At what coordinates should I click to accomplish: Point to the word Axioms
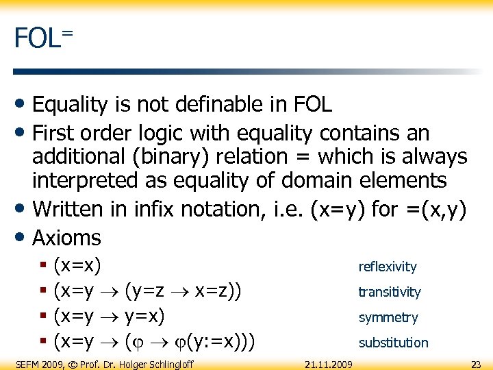pyautogui.click(x=66, y=238)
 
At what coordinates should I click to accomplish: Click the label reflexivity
pyautogui.click(x=387, y=267)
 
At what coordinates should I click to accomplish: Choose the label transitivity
pyautogui.click(x=389, y=292)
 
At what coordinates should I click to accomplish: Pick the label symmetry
pyautogui.click(x=388, y=317)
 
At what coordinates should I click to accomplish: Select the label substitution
pyautogui.click(x=393, y=343)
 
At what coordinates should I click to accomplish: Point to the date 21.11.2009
pyautogui.click(x=329, y=364)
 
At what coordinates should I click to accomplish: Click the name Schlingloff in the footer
pyautogui.click(x=166, y=364)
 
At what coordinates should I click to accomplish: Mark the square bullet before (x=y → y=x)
pyautogui.click(x=43, y=317)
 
